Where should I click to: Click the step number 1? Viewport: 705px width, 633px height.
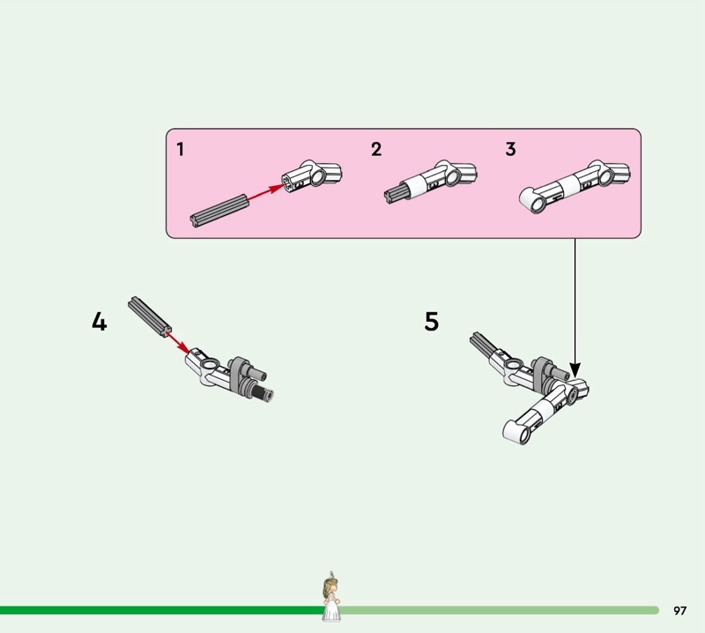(181, 149)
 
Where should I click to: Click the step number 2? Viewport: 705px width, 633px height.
(376, 149)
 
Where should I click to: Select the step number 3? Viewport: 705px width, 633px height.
(510, 149)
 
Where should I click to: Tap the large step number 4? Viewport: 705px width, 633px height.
(100, 322)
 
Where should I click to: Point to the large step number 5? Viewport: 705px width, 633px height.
(432, 321)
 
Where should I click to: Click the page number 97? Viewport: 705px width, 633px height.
(679, 610)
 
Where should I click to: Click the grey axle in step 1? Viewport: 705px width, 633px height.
(219, 211)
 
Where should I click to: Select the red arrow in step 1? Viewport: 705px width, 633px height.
(265, 191)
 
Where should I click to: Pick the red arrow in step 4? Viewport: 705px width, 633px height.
(178, 343)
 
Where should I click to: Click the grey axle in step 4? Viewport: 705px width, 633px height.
(149, 316)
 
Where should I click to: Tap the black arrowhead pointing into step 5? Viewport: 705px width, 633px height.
(575, 370)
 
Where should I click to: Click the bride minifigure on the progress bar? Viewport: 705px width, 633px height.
(331, 597)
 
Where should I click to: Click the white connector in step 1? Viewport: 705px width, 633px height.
(312, 174)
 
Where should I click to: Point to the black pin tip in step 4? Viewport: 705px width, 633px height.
(262, 392)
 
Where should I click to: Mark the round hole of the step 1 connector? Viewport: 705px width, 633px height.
(319, 177)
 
